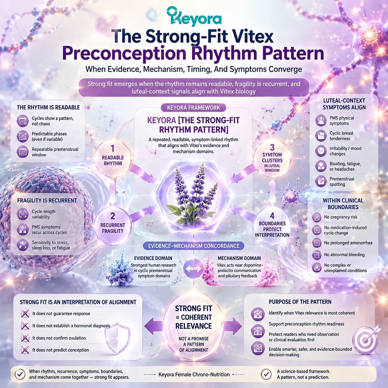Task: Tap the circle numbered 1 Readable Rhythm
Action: pyautogui.click(x=113, y=158)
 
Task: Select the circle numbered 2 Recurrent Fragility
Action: pyautogui.click(x=113, y=225)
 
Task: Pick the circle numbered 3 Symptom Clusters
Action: pyautogui.click(x=272, y=158)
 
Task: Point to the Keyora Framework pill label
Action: pyautogui.click(x=193, y=108)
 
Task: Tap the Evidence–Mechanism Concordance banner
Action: pyautogui.click(x=193, y=246)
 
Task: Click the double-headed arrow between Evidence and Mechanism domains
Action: pyautogui.click(x=193, y=268)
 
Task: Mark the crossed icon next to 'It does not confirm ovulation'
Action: pyautogui.click(x=25, y=338)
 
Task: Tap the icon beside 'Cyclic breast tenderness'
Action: pyautogui.click(x=321, y=136)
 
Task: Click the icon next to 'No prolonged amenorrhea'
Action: pyautogui.click(x=317, y=243)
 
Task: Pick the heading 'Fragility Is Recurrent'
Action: pyautogui.click(x=47, y=200)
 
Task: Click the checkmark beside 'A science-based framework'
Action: pyautogui.click(x=266, y=374)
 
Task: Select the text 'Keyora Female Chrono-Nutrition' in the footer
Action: pyautogui.click(x=194, y=374)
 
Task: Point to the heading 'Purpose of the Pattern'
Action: pyautogui.click(x=300, y=302)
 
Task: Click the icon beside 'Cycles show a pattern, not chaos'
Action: pyautogui.click(x=23, y=121)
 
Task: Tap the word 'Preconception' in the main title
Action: pyautogui.click(x=124, y=53)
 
